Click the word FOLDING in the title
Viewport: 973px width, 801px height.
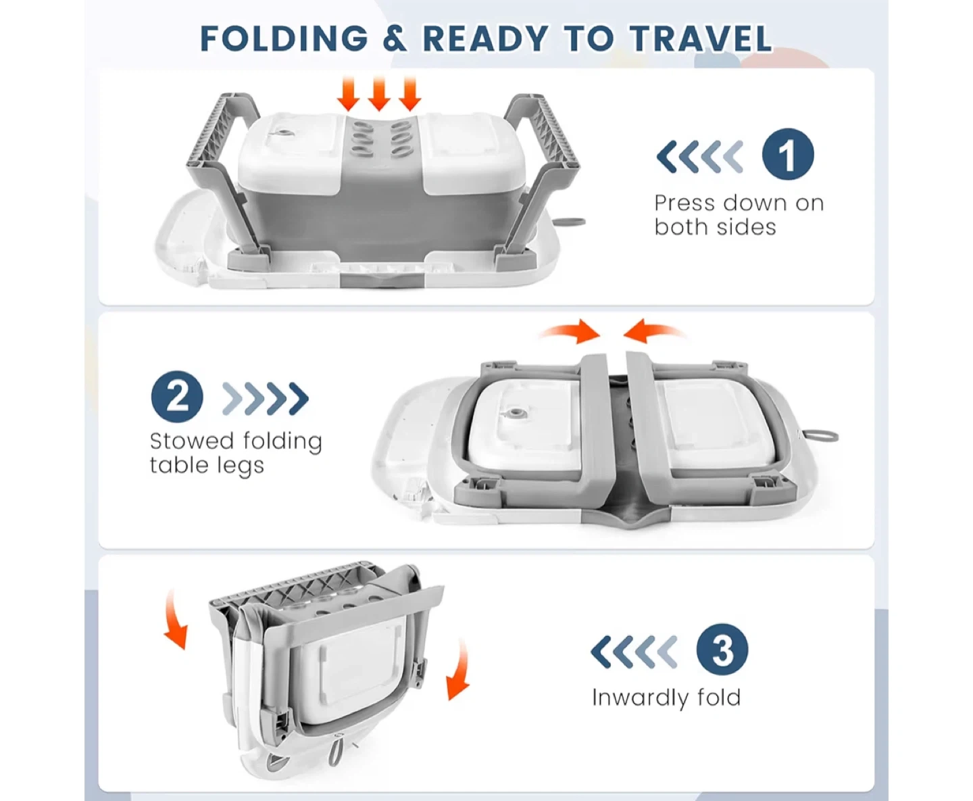tap(284, 39)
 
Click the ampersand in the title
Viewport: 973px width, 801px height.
tap(395, 39)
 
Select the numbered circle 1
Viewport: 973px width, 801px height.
tap(787, 154)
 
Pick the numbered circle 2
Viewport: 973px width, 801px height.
tap(177, 397)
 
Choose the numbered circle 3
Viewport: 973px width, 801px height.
tap(722, 649)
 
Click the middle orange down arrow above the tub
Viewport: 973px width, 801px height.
tap(379, 94)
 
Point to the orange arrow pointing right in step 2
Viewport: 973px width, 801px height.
tap(570, 331)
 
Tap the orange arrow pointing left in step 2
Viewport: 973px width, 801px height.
tap(653, 331)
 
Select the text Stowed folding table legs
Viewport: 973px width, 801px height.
tap(236, 454)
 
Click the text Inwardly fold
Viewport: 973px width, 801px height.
tap(666, 698)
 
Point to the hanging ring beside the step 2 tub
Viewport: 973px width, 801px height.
tap(820, 436)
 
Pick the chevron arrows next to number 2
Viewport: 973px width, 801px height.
tap(266, 398)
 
